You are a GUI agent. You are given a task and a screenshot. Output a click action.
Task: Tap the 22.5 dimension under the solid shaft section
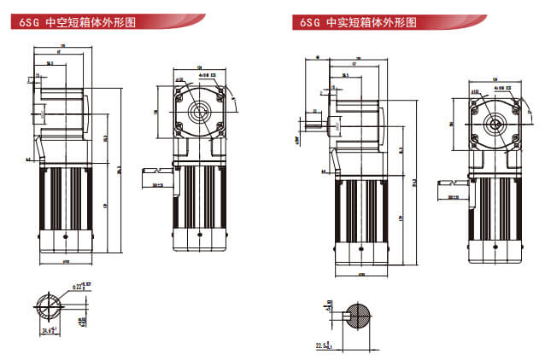click(323, 345)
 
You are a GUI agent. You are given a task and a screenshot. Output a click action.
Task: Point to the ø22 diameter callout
click(81, 288)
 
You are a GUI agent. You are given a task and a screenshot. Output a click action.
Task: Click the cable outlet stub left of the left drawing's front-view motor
click(160, 183)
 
